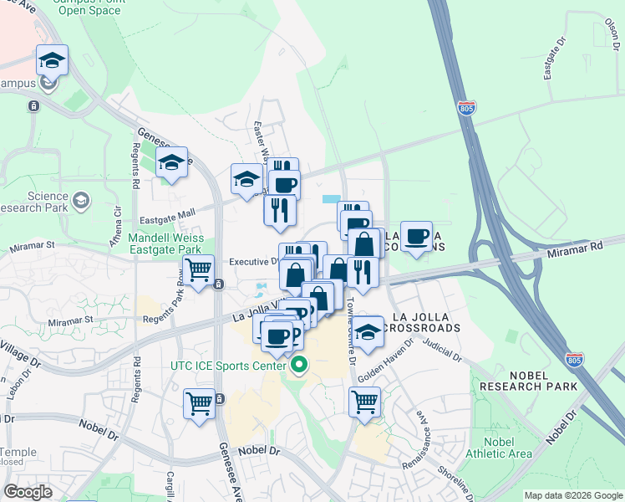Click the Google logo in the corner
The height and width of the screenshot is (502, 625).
[x=28, y=492]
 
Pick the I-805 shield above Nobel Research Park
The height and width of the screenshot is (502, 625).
[x=573, y=360]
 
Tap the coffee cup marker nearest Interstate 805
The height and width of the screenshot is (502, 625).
[x=415, y=237]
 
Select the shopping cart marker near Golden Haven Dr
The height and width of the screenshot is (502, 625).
[x=365, y=402]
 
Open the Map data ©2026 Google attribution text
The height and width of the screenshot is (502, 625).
[x=573, y=495]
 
